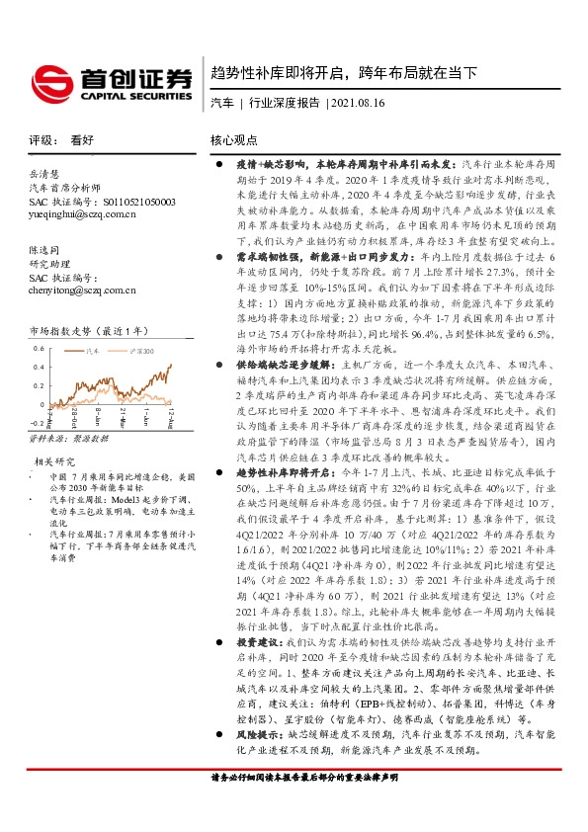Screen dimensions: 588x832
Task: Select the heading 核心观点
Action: (234, 140)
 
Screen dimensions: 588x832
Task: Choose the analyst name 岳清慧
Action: (45, 174)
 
